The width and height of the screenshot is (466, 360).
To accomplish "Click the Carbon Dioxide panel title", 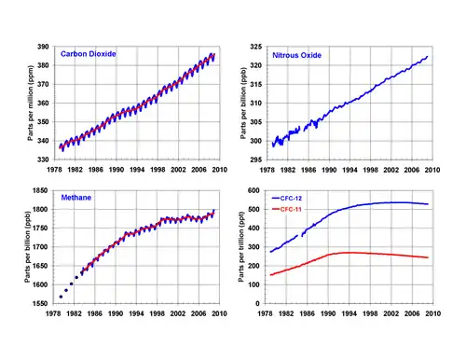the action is (x=89, y=54).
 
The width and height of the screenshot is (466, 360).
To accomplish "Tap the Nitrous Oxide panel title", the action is (x=296, y=55).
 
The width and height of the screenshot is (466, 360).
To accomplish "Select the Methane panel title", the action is (x=76, y=198).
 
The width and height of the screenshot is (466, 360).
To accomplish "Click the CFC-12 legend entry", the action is (x=287, y=199).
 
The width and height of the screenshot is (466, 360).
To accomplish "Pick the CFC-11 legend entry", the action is (x=287, y=209).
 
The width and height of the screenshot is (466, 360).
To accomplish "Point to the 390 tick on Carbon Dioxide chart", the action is (x=43, y=47).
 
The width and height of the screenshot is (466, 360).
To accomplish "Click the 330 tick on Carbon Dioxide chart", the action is (x=43, y=159).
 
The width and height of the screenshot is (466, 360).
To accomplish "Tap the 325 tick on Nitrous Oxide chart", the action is (x=256, y=47).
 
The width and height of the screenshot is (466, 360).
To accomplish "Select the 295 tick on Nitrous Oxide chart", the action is (x=256, y=159).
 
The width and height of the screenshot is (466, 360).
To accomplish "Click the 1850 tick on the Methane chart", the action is (x=40, y=190).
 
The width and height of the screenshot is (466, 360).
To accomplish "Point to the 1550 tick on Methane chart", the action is (x=40, y=304).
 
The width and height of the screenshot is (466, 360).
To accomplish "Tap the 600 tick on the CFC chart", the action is (x=254, y=190).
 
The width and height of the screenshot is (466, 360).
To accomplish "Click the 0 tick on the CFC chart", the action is (x=257, y=304).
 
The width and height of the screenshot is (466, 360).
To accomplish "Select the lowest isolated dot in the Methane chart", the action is (x=61, y=297).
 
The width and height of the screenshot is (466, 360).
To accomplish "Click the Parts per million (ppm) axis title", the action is (x=30, y=103).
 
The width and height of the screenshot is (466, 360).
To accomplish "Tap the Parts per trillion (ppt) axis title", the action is (x=241, y=247).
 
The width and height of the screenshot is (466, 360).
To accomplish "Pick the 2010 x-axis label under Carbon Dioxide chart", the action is (x=220, y=170).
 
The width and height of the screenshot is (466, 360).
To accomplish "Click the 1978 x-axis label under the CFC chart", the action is (x=265, y=313).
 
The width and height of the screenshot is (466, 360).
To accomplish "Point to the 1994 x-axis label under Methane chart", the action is (x=136, y=313).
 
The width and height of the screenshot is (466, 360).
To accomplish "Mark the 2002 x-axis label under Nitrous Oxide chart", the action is (x=391, y=170).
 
